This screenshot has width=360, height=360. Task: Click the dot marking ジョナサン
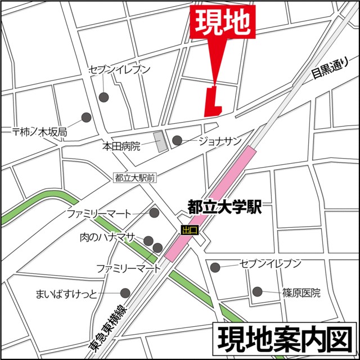pos(177,141)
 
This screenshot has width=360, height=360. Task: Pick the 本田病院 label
pos(121,146)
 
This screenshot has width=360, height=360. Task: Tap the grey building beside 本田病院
pos(161,141)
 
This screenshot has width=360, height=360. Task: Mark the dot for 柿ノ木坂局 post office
pos(86,118)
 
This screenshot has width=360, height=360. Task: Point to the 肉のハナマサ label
pos(107,237)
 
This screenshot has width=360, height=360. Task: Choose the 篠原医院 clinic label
pos(301,292)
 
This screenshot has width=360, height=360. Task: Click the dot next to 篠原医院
pos(257,291)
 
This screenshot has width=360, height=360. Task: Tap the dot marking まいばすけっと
pos(125,292)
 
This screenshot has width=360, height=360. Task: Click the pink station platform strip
pos(210,203)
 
